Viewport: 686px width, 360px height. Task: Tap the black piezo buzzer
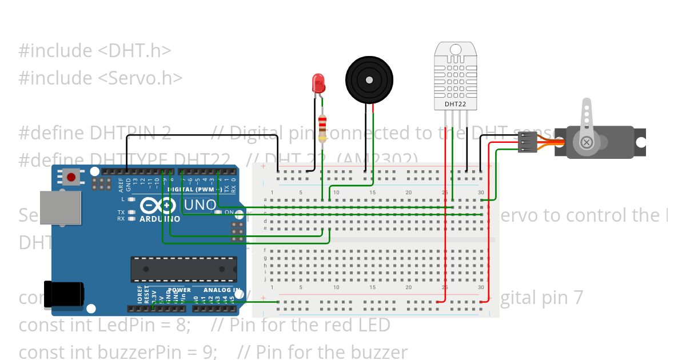369,80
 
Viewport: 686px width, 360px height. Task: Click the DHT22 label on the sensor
455,104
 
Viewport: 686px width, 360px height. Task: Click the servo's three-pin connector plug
527,142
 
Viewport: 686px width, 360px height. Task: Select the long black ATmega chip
184,269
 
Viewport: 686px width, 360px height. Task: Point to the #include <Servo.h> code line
101,78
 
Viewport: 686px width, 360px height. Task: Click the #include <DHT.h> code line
95,50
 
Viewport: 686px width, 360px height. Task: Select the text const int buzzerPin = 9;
118,352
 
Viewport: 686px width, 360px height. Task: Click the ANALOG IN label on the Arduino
221,290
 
